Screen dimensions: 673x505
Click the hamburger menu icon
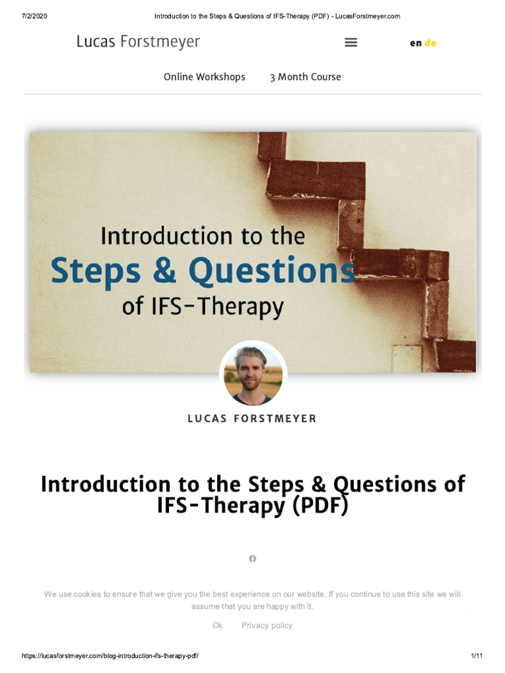(x=351, y=42)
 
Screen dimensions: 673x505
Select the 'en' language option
(x=416, y=43)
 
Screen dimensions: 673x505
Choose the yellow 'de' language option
(x=431, y=43)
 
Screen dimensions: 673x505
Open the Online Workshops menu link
(x=204, y=77)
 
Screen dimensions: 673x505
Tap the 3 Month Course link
(x=305, y=77)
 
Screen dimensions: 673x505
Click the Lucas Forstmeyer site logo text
(x=138, y=42)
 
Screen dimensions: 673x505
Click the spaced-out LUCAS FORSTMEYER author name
(x=252, y=419)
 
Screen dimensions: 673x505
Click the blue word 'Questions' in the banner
(x=272, y=271)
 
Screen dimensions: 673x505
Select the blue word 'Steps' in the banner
(x=95, y=271)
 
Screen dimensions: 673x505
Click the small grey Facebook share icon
(x=252, y=559)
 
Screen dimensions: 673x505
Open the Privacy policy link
(x=267, y=626)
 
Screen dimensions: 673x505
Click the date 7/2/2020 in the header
(x=34, y=16)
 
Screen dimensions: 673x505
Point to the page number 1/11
(x=477, y=656)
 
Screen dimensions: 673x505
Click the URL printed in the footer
(x=110, y=656)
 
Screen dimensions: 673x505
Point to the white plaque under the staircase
(x=406, y=358)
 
